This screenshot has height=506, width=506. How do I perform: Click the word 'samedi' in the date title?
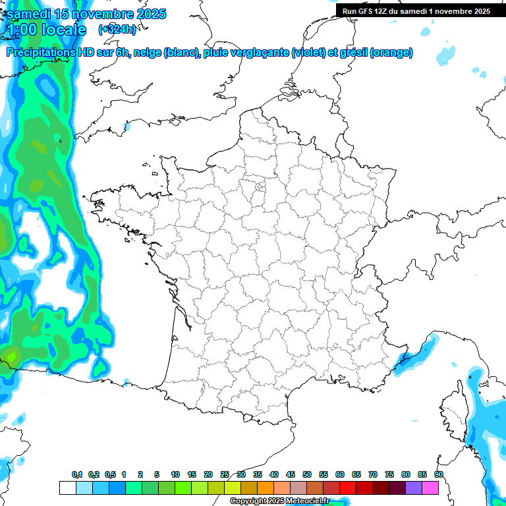pyautogui.click(x=27, y=14)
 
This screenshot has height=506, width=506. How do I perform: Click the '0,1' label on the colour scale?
pyautogui.click(x=76, y=474)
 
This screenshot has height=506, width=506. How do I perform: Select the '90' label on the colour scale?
pyautogui.click(x=439, y=474)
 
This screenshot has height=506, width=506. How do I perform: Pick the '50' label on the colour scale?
pyautogui.click(x=307, y=474)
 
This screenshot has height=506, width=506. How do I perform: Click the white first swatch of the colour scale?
pyautogui.click(x=67, y=488)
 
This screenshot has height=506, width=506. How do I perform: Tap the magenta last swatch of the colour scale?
pyautogui.click(x=430, y=488)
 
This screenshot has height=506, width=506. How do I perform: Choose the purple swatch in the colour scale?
pyautogui.click(x=414, y=488)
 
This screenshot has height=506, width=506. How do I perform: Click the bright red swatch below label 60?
pyautogui.click(x=348, y=488)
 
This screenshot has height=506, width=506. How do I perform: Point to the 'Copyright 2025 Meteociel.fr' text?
pyautogui.click(x=279, y=501)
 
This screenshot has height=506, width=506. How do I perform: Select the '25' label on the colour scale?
pyautogui.click(x=225, y=474)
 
